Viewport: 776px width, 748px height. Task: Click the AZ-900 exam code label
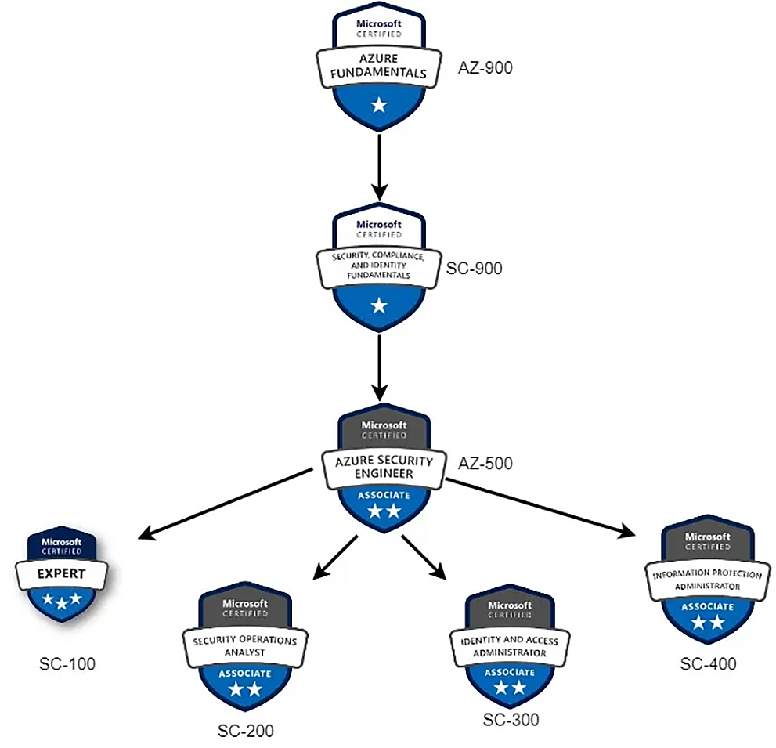pyautogui.click(x=485, y=67)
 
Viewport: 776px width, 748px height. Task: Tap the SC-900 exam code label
pyautogui.click(x=474, y=268)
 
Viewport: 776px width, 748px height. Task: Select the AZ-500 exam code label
pyautogui.click(x=485, y=464)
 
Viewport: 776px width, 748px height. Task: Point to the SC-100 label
pyautogui.click(x=67, y=664)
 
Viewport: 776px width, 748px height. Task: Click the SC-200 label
pyautogui.click(x=245, y=730)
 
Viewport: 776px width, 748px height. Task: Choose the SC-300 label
pyautogui.click(x=511, y=719)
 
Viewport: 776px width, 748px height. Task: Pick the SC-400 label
pyautogui.click(x=708, y=663)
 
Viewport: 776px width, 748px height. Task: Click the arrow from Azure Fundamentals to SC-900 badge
pyautogui.click(x=379, y=167)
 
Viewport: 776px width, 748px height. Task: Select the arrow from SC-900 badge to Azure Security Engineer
pyautogui.click(x=379, y=368)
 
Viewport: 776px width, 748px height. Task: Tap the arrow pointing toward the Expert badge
pyautogui.click(x=226, y=504)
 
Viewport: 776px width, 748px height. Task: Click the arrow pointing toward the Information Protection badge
pyautogui.click(x=540, y=508)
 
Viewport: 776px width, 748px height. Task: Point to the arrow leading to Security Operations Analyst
pyautogui.click(x=336, y=557)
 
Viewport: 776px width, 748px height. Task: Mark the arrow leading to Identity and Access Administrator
pyautogui.click(x=424, y=557)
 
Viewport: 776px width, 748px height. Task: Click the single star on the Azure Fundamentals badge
pyautogui.click(x=379, y=105)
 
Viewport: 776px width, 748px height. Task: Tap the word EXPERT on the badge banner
pyautogui.click(x=61, y=574)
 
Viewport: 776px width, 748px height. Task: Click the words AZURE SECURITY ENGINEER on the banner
pyautogui.click(x=384, y=467)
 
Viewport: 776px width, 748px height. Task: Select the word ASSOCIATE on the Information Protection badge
pyautogui.click(x=708, y=606)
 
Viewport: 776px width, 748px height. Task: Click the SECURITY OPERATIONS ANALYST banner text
pyautogui.click(x=245, y=646)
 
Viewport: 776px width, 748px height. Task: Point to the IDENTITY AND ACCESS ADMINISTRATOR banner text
pyautogui.click(x=510, y=646)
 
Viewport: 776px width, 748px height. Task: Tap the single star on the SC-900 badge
pyautogui.click(x=379, y=305)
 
